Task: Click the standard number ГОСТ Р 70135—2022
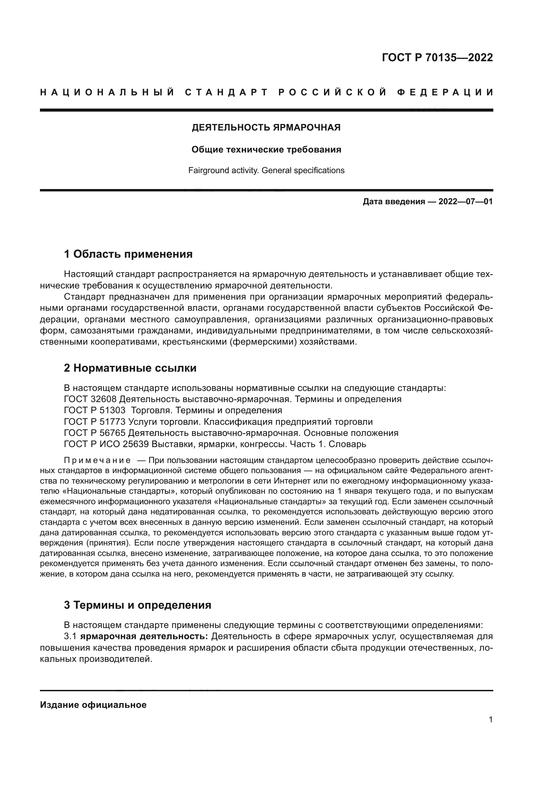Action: coord(437,57)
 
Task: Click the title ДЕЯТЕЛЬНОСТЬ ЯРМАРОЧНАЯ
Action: coord(266,127)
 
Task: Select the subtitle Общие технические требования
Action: coord(266,149)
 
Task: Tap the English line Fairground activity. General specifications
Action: coord(266,170)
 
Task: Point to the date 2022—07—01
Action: coord(465,202)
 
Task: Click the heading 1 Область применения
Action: coord(128,254)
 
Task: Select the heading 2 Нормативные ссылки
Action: coord(130,368)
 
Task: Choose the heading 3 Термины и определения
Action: coord(137,605)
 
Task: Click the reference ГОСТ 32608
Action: coord(90,399)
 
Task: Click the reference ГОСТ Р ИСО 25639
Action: coord(106,444)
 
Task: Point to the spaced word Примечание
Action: coord(97,461)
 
